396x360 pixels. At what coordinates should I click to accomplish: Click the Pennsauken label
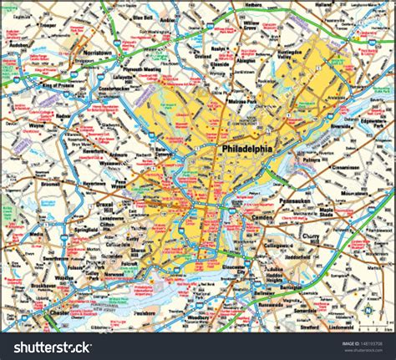point(299,201)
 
